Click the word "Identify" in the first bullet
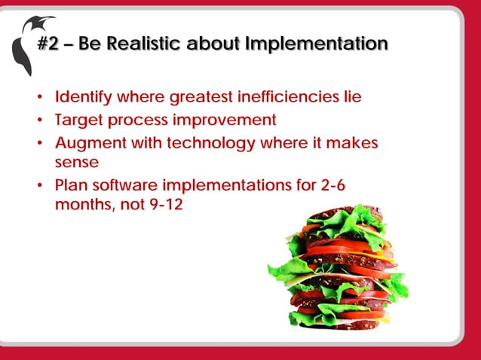(82, 97)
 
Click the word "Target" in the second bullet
(78, 120)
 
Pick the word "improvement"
(228, 120)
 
